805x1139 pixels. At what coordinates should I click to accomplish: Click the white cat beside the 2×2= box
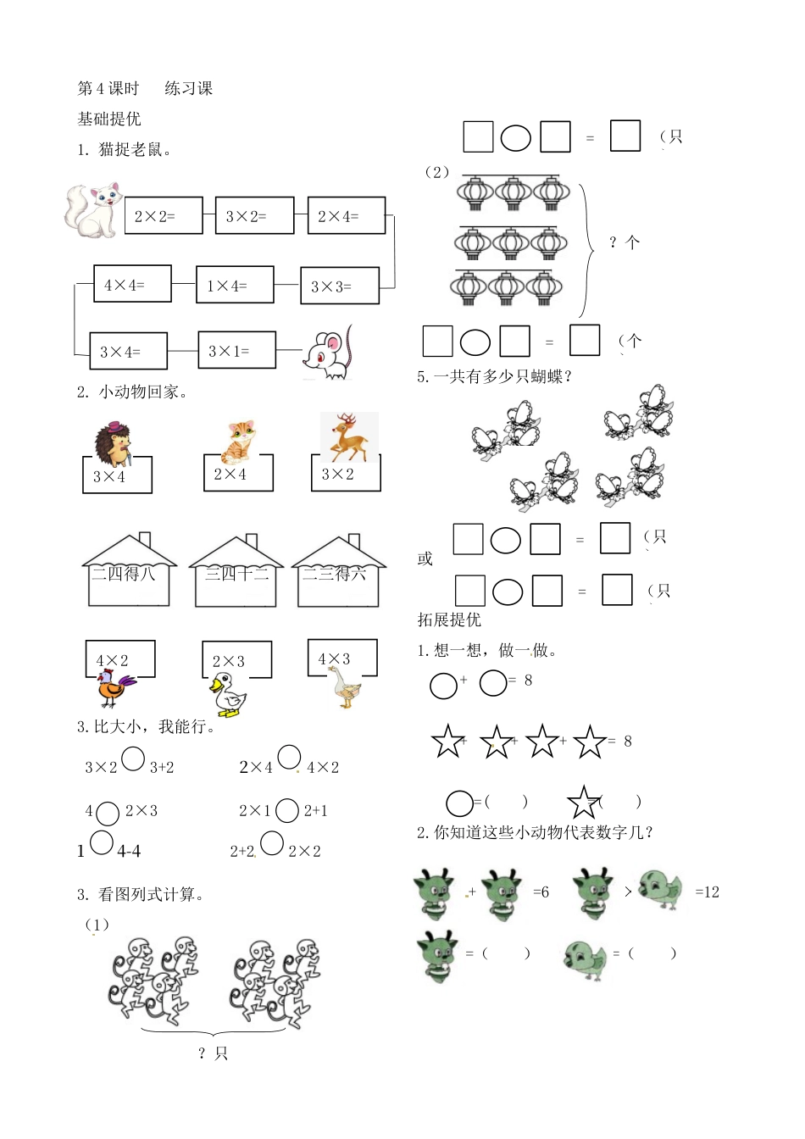92,209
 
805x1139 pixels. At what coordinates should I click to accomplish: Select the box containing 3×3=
339,286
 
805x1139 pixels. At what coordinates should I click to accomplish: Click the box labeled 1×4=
235,286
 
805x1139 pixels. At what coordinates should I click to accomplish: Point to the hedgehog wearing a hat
114,444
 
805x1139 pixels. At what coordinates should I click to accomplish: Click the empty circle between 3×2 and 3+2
133,758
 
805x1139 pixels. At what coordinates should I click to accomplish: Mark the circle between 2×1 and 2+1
287,811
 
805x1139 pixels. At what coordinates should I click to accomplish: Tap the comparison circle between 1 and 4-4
102,843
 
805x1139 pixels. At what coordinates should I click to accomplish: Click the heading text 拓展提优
449,620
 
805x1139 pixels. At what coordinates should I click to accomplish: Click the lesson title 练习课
188,88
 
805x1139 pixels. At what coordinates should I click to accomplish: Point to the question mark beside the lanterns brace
613,243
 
